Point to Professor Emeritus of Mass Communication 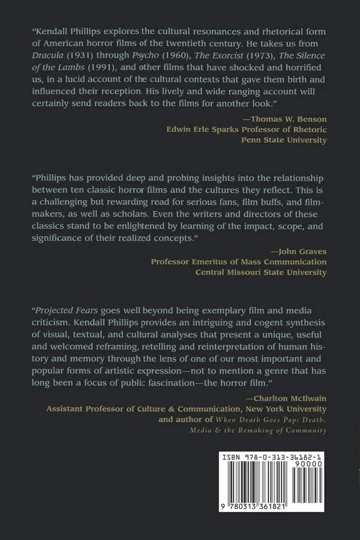click(239, 262)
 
